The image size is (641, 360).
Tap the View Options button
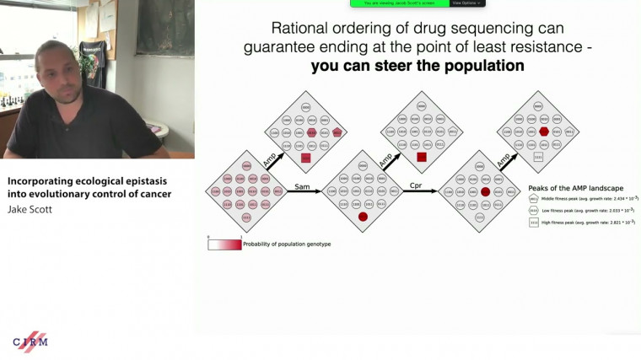point(468,3)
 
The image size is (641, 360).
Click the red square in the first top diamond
point(307,157)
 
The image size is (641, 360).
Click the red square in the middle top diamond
point(421,157)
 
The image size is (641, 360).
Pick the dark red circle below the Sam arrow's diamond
point(364,217)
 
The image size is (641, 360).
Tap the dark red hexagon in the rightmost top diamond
point(544,132)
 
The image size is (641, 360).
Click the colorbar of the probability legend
point(224,244)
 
